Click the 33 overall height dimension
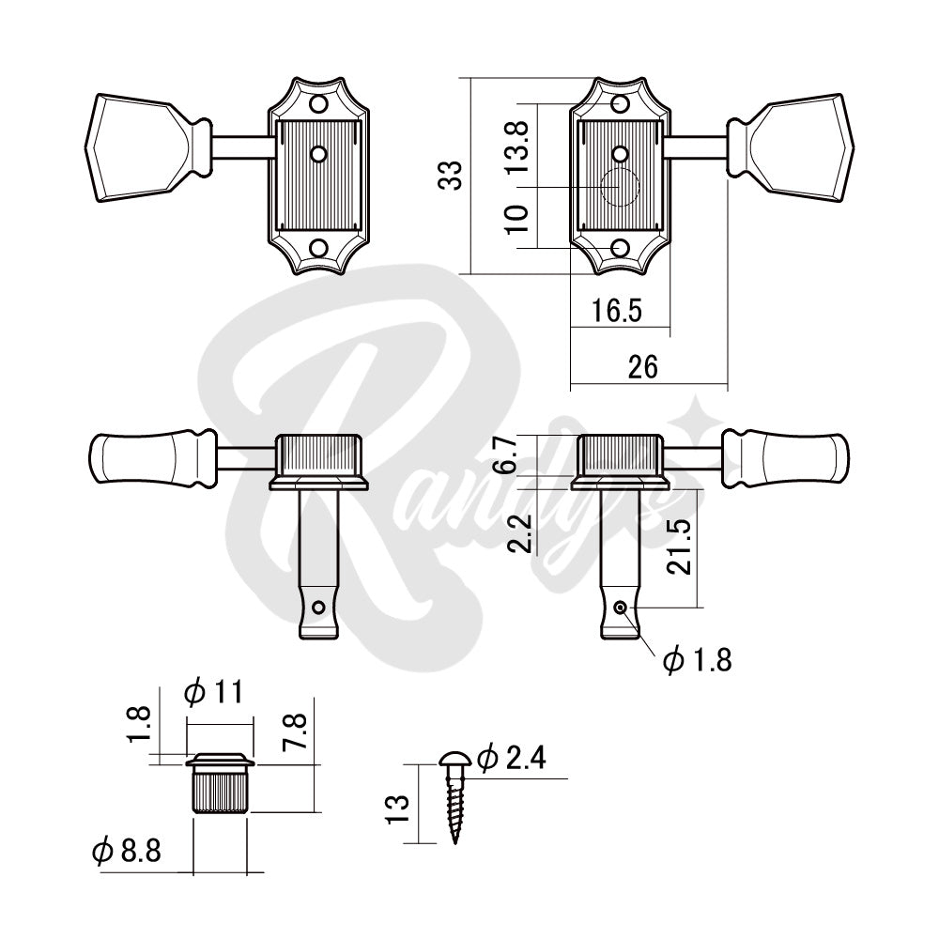(x=453, y=175)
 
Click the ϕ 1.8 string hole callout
(x=697, y=660)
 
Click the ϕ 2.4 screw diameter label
(x=512, y=758)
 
